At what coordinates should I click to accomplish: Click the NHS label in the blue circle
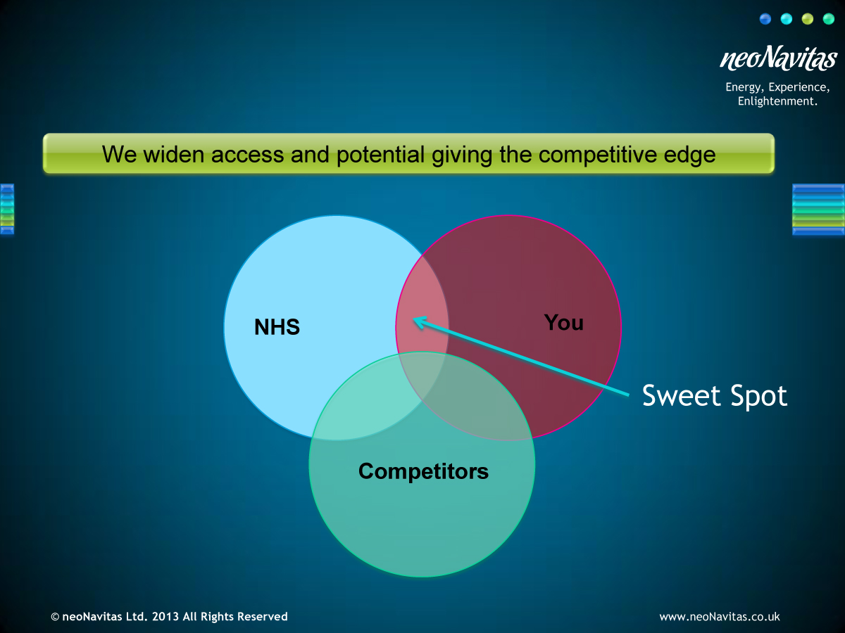tap(277, 327)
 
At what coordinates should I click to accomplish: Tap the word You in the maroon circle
tap(563, 322)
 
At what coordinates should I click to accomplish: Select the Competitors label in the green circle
tap(423, 471)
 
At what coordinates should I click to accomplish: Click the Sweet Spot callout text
tap(715, 396)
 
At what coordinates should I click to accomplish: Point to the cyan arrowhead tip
tap(413, 319)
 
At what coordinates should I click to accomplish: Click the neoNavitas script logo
tap(778, 58)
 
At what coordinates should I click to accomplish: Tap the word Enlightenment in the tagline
tap(776, 101)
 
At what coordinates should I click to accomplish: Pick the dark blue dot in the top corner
tap(765, 19)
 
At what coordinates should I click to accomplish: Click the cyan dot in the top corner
tap(787, 19)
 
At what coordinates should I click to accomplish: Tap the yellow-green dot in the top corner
tap(808, 19)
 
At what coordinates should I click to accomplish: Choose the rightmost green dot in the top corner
tap(829, 19)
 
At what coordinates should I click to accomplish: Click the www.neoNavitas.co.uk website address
tap(720, 617)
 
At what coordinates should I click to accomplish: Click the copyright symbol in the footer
tap(55, 617)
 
